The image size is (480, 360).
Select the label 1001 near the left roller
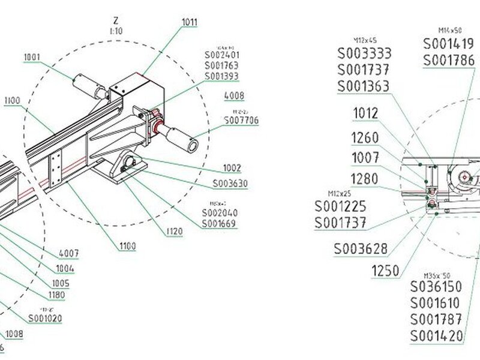(32, 58)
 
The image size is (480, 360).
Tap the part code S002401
(221, 55)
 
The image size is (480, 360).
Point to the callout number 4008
(233, 95)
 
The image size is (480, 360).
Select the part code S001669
(218, 224)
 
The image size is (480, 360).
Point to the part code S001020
(45, 318)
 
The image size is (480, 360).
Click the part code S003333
(364, 52)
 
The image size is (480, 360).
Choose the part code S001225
(341, 206)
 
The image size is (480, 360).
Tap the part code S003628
(361, 248)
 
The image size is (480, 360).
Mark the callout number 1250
(385, 271)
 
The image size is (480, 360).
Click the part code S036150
(436, 286)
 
